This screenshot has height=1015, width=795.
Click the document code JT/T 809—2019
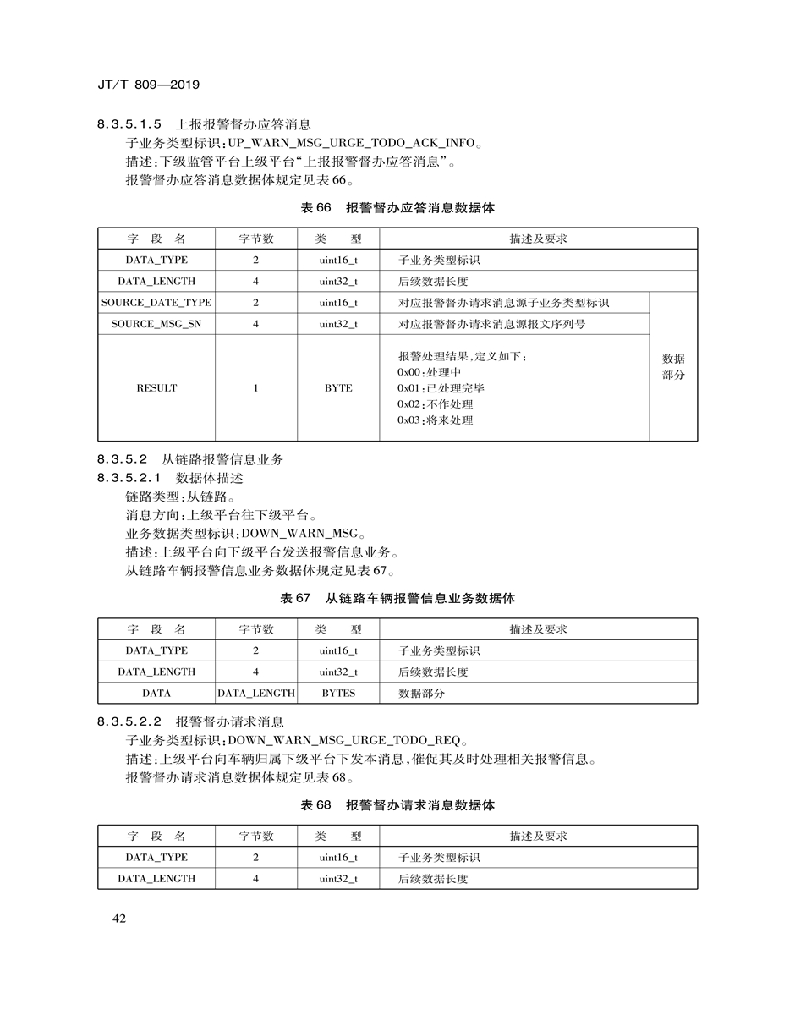[x=149, y=85]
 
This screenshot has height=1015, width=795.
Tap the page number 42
[x=118, y=919]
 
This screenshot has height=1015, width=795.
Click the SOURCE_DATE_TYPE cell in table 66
[x=156, y=303]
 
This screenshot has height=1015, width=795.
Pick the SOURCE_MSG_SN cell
[x=156, y=324]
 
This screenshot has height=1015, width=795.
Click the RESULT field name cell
[x=156, y=388]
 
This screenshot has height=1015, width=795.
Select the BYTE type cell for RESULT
[x=338, y=388]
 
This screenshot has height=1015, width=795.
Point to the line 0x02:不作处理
[x=435, y=404]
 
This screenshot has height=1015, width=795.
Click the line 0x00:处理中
[x=429, y=372]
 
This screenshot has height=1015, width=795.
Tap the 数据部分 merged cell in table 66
[x=673, y=366]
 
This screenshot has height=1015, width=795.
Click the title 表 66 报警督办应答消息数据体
[x=397, y=207]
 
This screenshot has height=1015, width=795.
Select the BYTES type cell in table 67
[x=338, y=693]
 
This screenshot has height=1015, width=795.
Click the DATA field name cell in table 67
[x=156, y=693]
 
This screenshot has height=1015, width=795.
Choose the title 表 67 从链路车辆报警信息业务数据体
[x=397, y=598]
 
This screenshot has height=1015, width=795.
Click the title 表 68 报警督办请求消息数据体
[x=397, y=805]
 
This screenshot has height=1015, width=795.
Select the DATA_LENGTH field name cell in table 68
[x=156, y=879]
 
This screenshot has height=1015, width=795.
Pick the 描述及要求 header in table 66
[x=538, y=239]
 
